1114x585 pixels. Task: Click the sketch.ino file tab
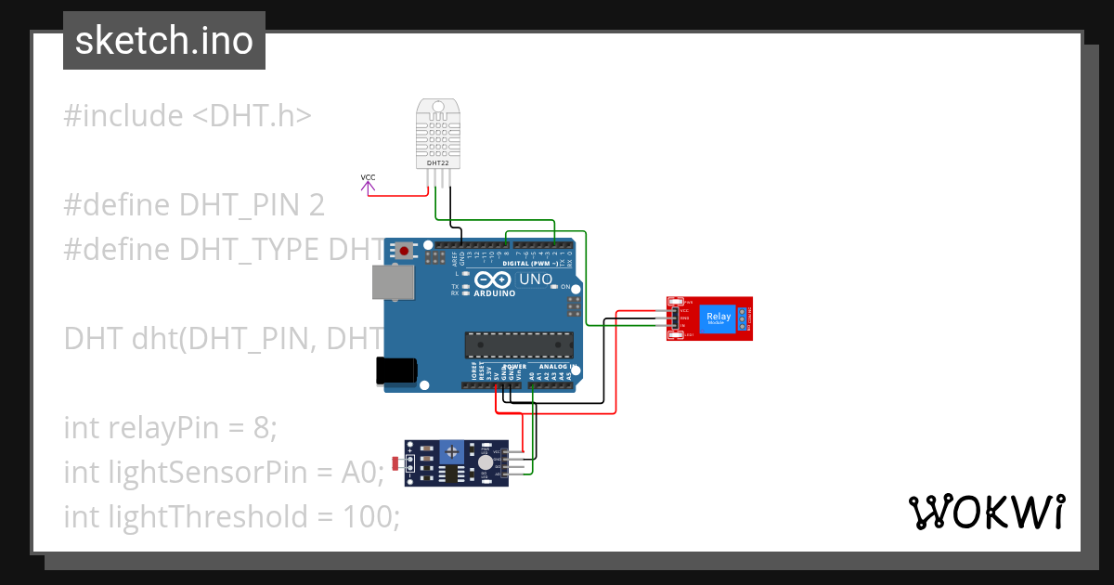coord(163,41)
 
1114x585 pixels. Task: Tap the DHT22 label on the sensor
coord(437,162)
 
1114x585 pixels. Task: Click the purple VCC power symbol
coord(369,186)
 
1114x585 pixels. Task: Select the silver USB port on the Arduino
coord(388,281)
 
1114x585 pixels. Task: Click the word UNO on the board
coord(535,279)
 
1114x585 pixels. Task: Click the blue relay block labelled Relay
coord(718,318)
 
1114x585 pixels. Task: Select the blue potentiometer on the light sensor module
coord(452,452)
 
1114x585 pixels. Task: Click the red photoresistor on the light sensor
coord(399,462)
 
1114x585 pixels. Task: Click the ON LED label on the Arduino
coord(563,288)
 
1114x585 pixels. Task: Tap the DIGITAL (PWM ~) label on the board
coord(529,264)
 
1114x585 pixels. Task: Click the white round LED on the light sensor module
coord(486,461)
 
